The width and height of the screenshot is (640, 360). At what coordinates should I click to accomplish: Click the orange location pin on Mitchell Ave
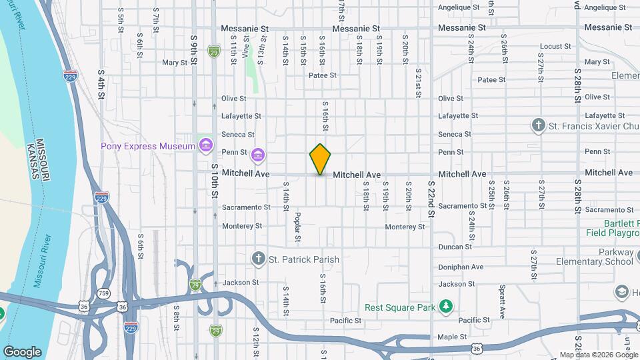(321, 159)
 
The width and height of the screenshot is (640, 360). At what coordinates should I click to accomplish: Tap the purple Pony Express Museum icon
(206, 146)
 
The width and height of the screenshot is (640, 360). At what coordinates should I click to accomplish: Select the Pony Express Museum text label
(148, 146)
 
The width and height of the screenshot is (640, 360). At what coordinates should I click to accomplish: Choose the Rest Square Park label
(399, 307)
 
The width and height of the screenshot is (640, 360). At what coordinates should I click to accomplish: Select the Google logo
(22, 352)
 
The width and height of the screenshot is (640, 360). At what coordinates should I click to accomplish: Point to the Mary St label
(175, 63)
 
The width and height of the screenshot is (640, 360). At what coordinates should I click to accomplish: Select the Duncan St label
(455, 247)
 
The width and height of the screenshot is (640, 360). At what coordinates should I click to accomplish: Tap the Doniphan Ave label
(461, 267)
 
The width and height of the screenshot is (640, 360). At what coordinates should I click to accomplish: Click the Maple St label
(453, 337)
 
